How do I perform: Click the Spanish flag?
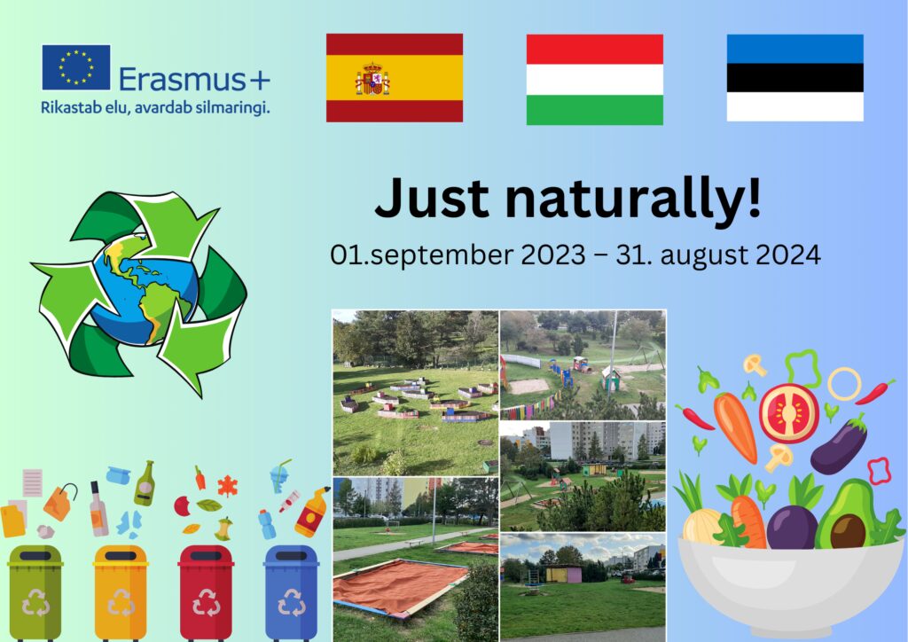(x=395, y=77)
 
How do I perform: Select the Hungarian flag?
(x=595, y=79)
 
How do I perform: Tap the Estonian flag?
(x=795, y=77)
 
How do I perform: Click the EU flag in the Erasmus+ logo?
(x=76, y=67)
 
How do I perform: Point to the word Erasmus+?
(x=194, y=79)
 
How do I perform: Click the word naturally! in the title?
(x=633, y=198)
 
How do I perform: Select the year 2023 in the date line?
(x=553, y=254)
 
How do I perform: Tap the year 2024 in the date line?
(x=788, y=254)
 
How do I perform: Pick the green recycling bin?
(x=35, y=591)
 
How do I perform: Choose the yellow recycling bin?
(x=121, y=591)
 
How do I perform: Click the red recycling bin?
(x=206, y=591)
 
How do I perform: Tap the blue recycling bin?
(x=291, y=591)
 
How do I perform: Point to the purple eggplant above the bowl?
(x=839, y=444)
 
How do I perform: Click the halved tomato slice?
(x=788, y=412)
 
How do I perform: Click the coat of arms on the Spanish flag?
(x=372, y=79)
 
